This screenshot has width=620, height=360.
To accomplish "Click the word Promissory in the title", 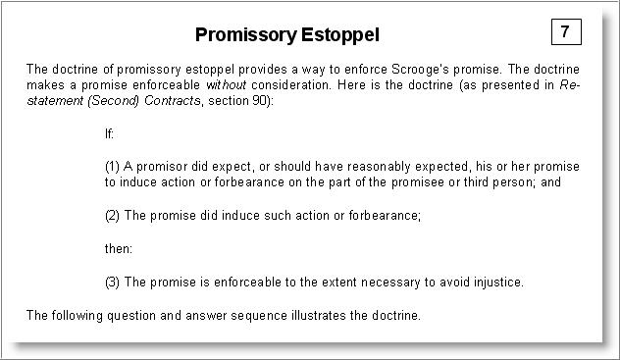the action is pos(245,35).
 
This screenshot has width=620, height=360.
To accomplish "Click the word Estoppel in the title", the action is pos(340,34).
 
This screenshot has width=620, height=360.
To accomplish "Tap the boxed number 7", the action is pos(566,31).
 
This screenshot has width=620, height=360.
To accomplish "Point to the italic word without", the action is pos(227,85).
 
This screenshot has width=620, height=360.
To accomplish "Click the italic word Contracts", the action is pos(173,100).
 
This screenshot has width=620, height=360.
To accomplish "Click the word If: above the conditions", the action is pos(109,134).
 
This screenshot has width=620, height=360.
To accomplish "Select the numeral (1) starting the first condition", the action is pos(112,167).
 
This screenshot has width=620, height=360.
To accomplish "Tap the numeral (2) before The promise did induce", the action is pos(112,216).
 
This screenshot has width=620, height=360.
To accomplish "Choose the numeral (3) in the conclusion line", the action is pos(112,283).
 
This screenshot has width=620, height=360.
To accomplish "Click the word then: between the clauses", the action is pos(119,248).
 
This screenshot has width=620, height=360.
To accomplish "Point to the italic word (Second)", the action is pos(113,100).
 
